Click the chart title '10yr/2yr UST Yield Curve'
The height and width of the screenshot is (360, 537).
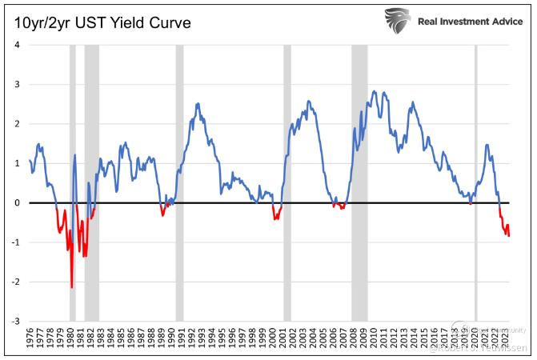102,22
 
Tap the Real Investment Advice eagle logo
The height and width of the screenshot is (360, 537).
398,20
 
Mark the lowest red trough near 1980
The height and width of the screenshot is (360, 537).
71,286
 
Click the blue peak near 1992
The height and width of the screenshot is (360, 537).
197,104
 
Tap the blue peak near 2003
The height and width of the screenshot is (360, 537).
309,102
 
